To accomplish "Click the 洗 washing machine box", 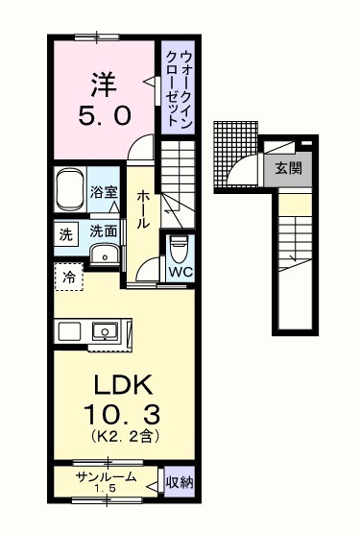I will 65,232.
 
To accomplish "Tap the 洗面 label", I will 104,231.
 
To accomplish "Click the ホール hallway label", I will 142,206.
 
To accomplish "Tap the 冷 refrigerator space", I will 69,277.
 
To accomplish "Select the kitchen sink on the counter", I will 104,331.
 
